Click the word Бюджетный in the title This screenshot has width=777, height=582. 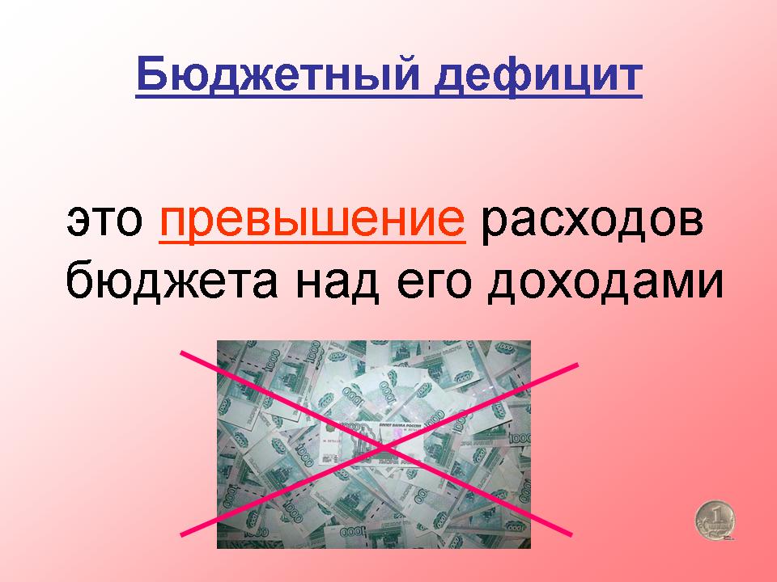[x=278, y=74]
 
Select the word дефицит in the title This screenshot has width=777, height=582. [x=538, y=76]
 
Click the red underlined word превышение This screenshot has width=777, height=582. [x=312, y=221]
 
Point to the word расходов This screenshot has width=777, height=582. [x=592, y=221]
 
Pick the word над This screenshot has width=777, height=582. [x=337, y=282]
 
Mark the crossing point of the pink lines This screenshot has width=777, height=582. [x=383, y=448]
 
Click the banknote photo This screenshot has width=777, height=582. [x=374, y=444]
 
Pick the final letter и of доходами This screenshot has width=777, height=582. [x=711, y=284]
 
